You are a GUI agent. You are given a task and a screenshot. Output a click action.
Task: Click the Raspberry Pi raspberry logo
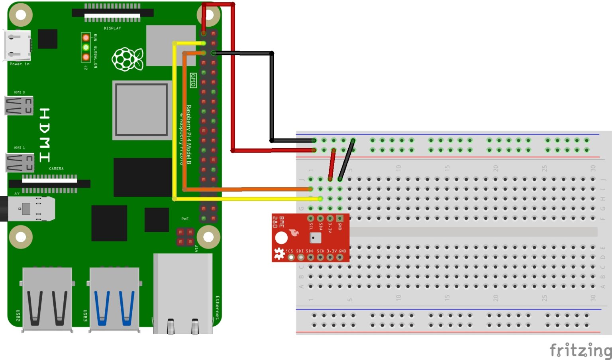(127, 59)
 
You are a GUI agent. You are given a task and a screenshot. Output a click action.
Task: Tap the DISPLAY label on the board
(112, 28)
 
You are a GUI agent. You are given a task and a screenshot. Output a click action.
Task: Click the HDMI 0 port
(19, 106)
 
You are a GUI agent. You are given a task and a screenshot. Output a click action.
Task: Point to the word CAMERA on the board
(56, 169)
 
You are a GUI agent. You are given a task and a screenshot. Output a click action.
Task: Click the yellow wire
(175, 119)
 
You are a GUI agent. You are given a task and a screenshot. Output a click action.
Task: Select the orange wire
(184, 119)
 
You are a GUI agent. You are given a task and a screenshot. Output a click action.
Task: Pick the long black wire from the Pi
(272, 96)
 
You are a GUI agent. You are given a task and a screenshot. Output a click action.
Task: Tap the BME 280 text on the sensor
(278, 222)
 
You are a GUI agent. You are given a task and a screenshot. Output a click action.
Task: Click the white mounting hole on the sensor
(281, 238)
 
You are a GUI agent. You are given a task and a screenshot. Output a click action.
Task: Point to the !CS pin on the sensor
(291, 257)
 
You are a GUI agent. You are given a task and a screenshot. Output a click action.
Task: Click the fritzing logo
(580, 350)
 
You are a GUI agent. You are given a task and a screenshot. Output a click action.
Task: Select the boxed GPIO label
(193, 80)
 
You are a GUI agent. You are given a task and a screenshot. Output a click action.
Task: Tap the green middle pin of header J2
(86, 47)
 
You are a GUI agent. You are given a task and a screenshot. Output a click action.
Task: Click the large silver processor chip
(141, 110)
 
